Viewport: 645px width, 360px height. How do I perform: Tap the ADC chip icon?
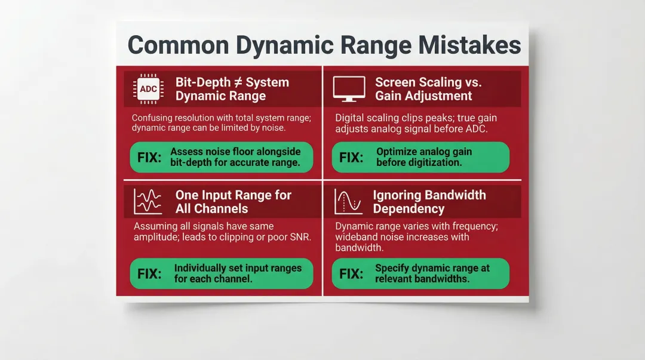148,89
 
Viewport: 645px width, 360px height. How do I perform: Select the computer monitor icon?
349,89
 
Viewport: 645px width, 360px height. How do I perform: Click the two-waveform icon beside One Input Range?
148,201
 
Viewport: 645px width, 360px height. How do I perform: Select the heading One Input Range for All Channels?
233,201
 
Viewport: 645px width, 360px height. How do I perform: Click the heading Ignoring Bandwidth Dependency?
429,201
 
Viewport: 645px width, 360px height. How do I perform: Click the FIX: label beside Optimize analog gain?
351,158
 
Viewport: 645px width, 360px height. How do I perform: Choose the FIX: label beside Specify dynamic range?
351,274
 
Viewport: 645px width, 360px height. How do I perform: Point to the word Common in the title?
179,46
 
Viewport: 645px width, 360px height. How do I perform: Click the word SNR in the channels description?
302,238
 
